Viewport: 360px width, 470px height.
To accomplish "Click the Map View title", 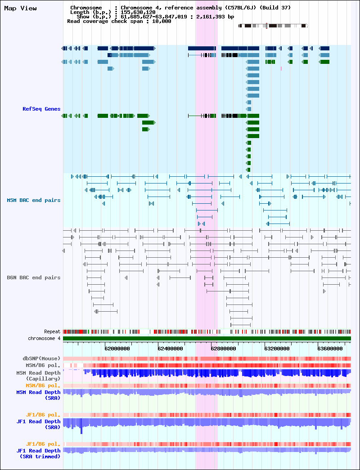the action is [x=20, y=9].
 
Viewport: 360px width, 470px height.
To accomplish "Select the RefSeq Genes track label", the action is [x=41, y=109].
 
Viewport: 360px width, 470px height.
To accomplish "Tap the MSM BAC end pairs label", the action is [x=34, y=200].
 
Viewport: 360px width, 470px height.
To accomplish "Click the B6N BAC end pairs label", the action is [x=34, y=278].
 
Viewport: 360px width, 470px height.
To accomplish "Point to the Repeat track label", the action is [x=52, y=331].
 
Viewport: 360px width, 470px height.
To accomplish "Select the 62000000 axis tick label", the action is [x=117, y=349].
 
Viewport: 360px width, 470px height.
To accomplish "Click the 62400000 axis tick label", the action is [x=170, y=349].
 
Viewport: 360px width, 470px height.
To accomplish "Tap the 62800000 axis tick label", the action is [x=223, y=349].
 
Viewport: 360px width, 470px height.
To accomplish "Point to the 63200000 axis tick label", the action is [x=277, y=349].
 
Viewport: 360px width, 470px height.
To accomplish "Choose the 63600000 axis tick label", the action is [x=330, y=349].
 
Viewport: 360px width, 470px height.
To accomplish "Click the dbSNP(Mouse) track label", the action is [x=41, y=358].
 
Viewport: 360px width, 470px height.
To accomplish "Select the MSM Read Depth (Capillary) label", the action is [x=38, y=376].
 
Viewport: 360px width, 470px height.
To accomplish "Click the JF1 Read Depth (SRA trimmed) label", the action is [x=38, y=453].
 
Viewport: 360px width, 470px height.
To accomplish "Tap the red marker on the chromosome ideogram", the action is [x=266, y=26].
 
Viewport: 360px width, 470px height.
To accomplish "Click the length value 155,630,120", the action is [x=138, y=12].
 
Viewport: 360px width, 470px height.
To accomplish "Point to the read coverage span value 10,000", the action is [x=162, y=21].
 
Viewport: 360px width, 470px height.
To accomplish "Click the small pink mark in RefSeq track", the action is [x=281, y=69].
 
